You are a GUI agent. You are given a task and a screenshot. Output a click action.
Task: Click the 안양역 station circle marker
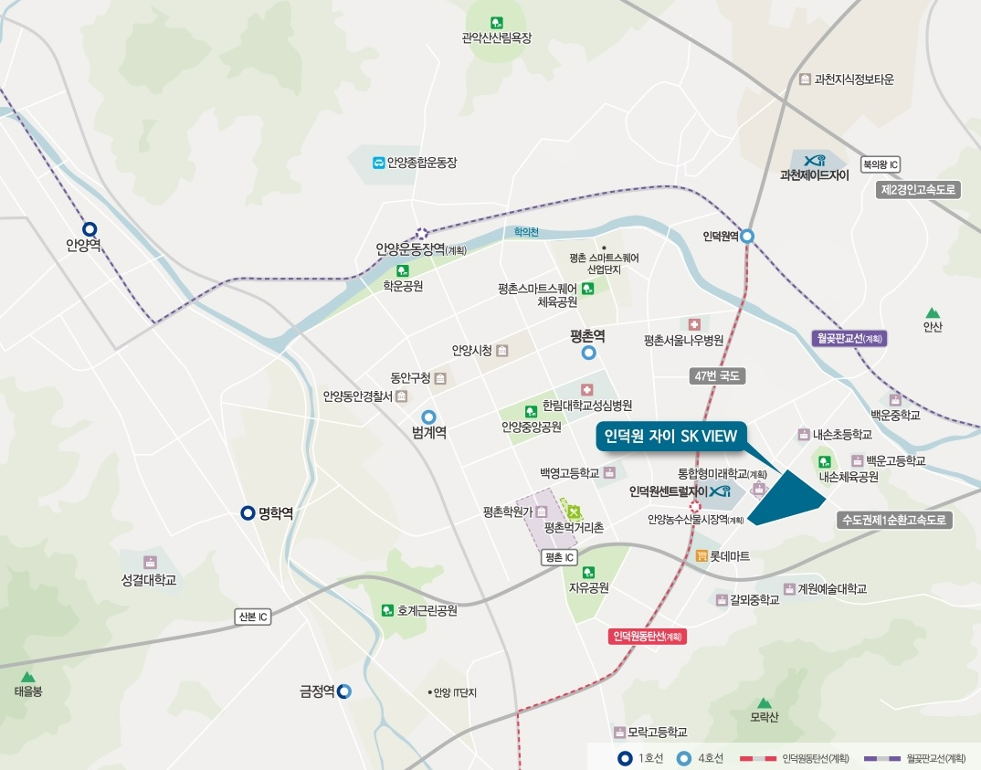pyautogui.click(x=90, y=229)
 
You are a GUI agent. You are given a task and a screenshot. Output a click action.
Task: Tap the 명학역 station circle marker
pyautogui.click(x=248, y=513)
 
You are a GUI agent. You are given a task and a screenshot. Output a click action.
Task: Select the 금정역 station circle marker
pyautogui.click(x=344, y=691)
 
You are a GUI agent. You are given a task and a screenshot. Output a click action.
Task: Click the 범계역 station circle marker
pyautogui.click(x=428, y=417)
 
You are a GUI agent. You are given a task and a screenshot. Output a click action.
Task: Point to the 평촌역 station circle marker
pyautogui.click(x=589, y=353)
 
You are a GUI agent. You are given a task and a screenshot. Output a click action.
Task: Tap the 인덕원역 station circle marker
pyautogui.click(x=747, y=236)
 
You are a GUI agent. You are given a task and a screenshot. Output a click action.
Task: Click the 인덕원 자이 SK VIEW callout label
pyautogui.click(x=670, y=437)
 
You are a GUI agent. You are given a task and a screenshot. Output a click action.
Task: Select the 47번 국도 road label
pyautogui.click(x=717, y=375)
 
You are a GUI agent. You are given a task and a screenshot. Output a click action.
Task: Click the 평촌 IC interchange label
pyautogui.click(x=558, y=557)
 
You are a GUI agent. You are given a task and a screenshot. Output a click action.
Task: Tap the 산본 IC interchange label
pyautogui.click(x=253, y=617)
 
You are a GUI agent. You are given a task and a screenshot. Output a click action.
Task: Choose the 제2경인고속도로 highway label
pyautogui.click(x=918, y=190)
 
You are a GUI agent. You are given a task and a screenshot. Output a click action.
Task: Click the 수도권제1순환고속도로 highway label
pyautogui.click(x=895, y=520)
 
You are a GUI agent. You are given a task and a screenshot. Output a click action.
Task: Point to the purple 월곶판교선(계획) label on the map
pyautogui.click(x=849, y=338)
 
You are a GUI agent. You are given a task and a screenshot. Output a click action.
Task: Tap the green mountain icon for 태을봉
pyautogui.click(x=28, y=677)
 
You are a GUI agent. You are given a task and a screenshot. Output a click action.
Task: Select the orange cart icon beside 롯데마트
pyautogui.click(x=701, y=555)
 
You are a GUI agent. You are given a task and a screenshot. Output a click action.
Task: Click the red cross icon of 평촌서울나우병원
pyautogui.click(x=694, y=324)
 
